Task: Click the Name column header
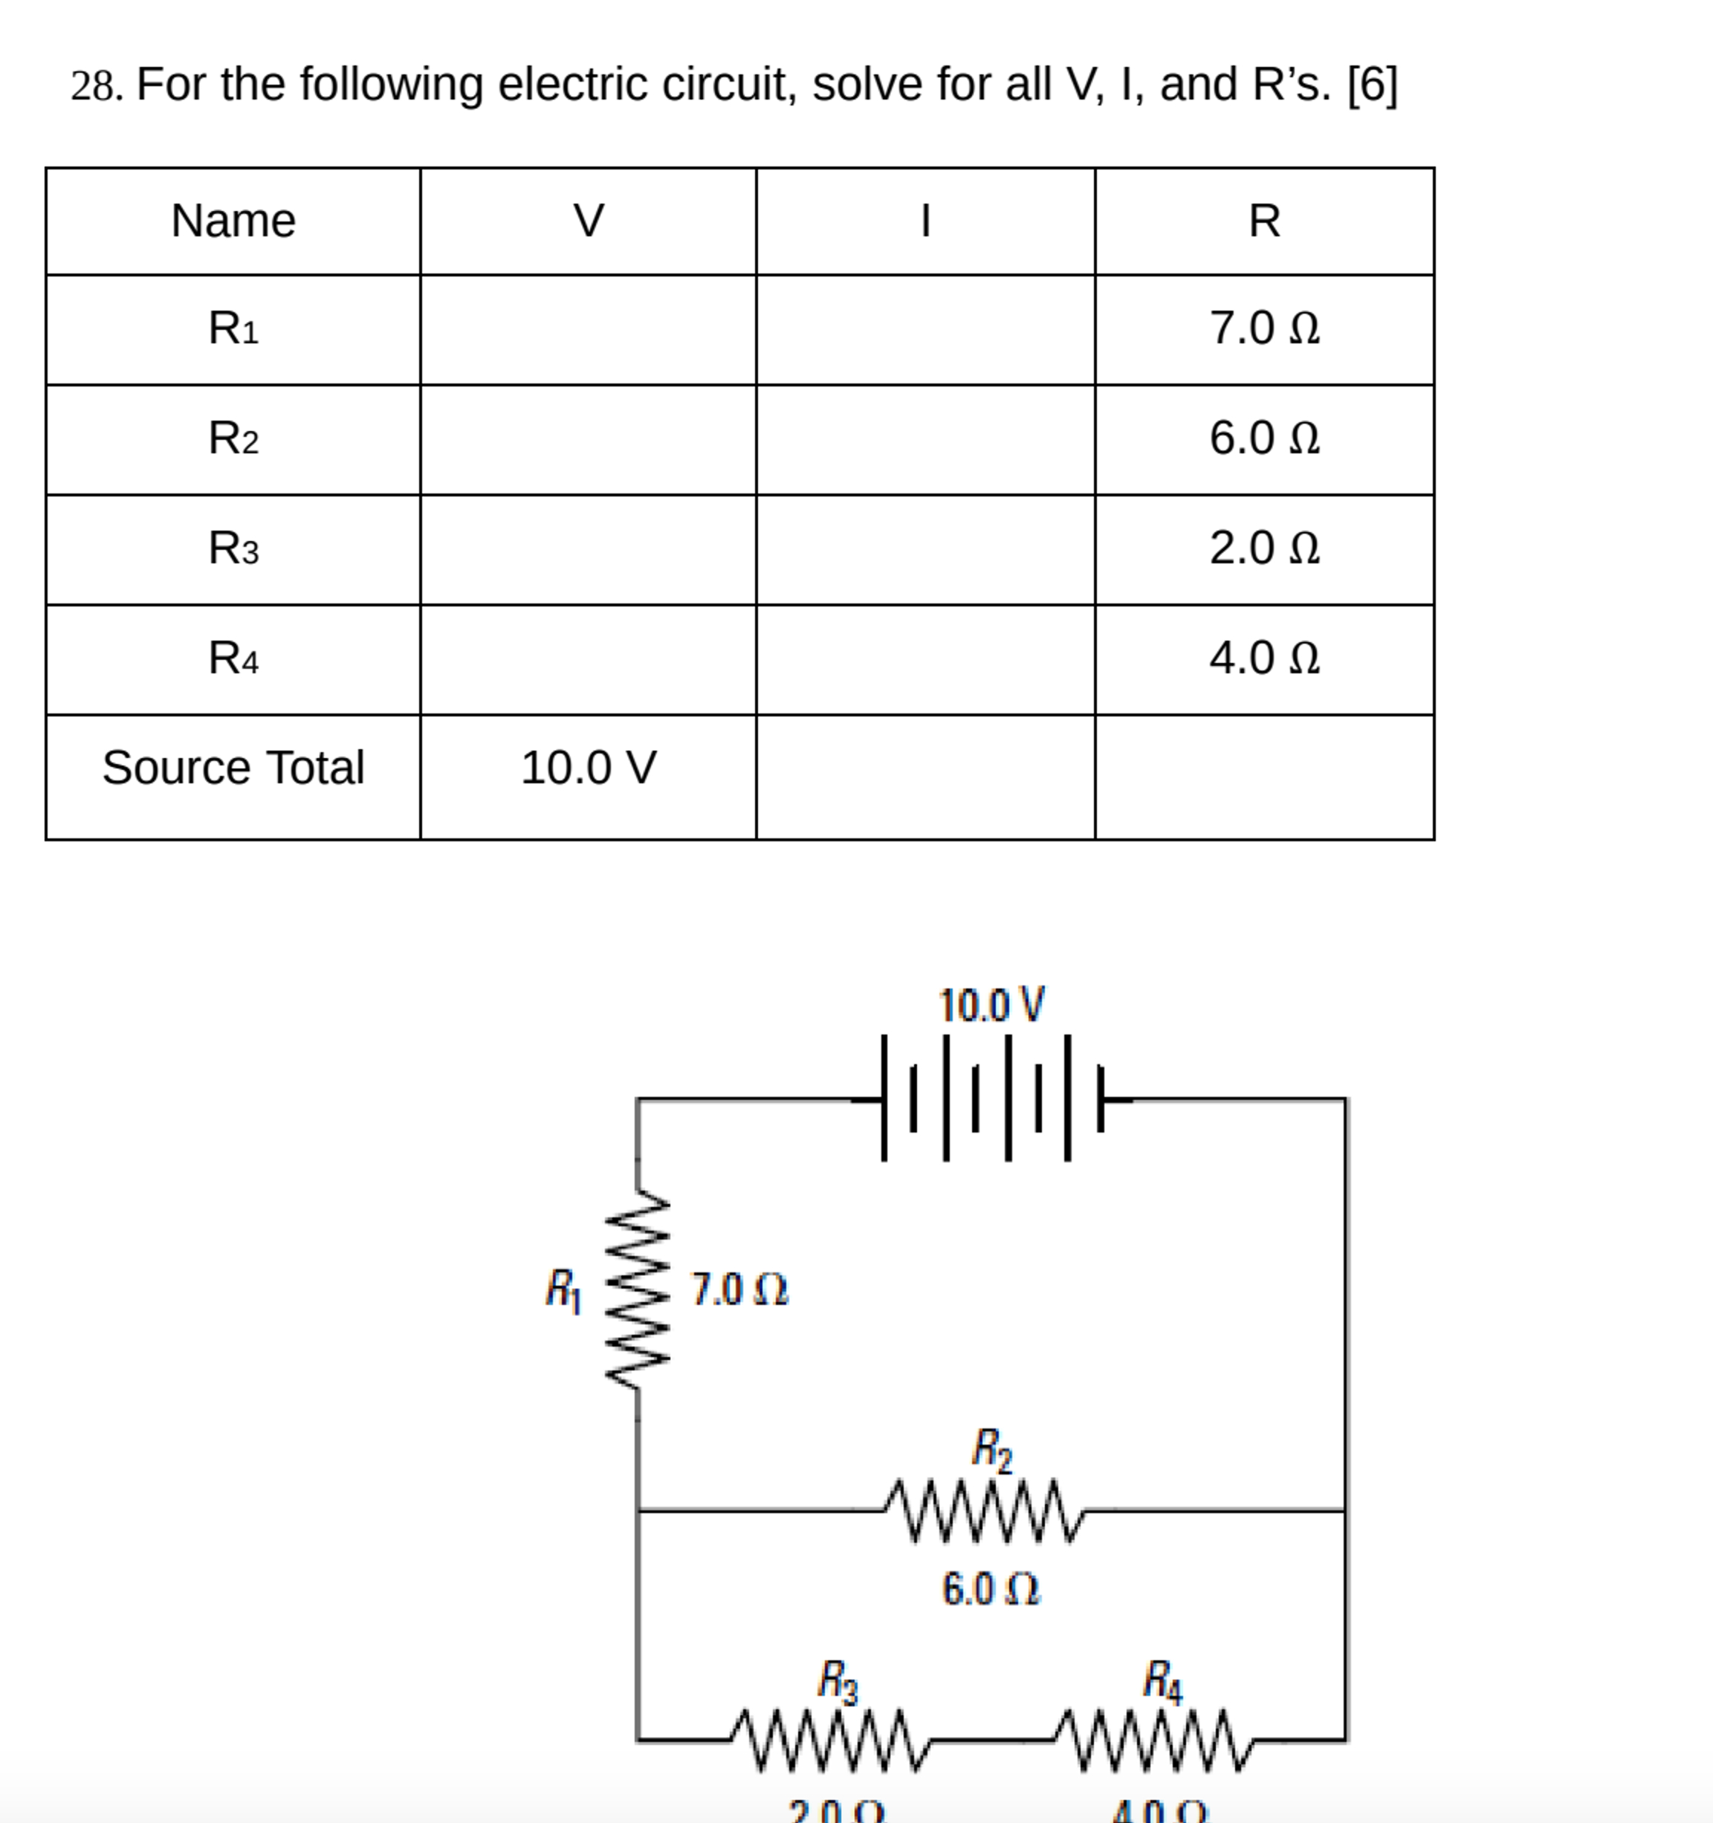[x=233, y=221]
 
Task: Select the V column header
[x=588, y=221]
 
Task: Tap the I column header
[x=925, y=221]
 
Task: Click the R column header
[x=1263, y=221]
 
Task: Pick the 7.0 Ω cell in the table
[x=1263, y=328]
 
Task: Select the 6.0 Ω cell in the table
[x=1263, y=438]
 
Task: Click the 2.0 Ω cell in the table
[x=1263, y=548]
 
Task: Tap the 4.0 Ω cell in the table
[x=1263, y=658]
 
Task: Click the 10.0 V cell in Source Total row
[x=588, y=768]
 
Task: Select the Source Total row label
[x=233, y=768]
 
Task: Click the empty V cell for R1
[x=588, y=329]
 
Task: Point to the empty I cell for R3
[x=925, y=549]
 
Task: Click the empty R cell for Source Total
[x=1263, y=777]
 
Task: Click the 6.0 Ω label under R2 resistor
[x=991, y=1589]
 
